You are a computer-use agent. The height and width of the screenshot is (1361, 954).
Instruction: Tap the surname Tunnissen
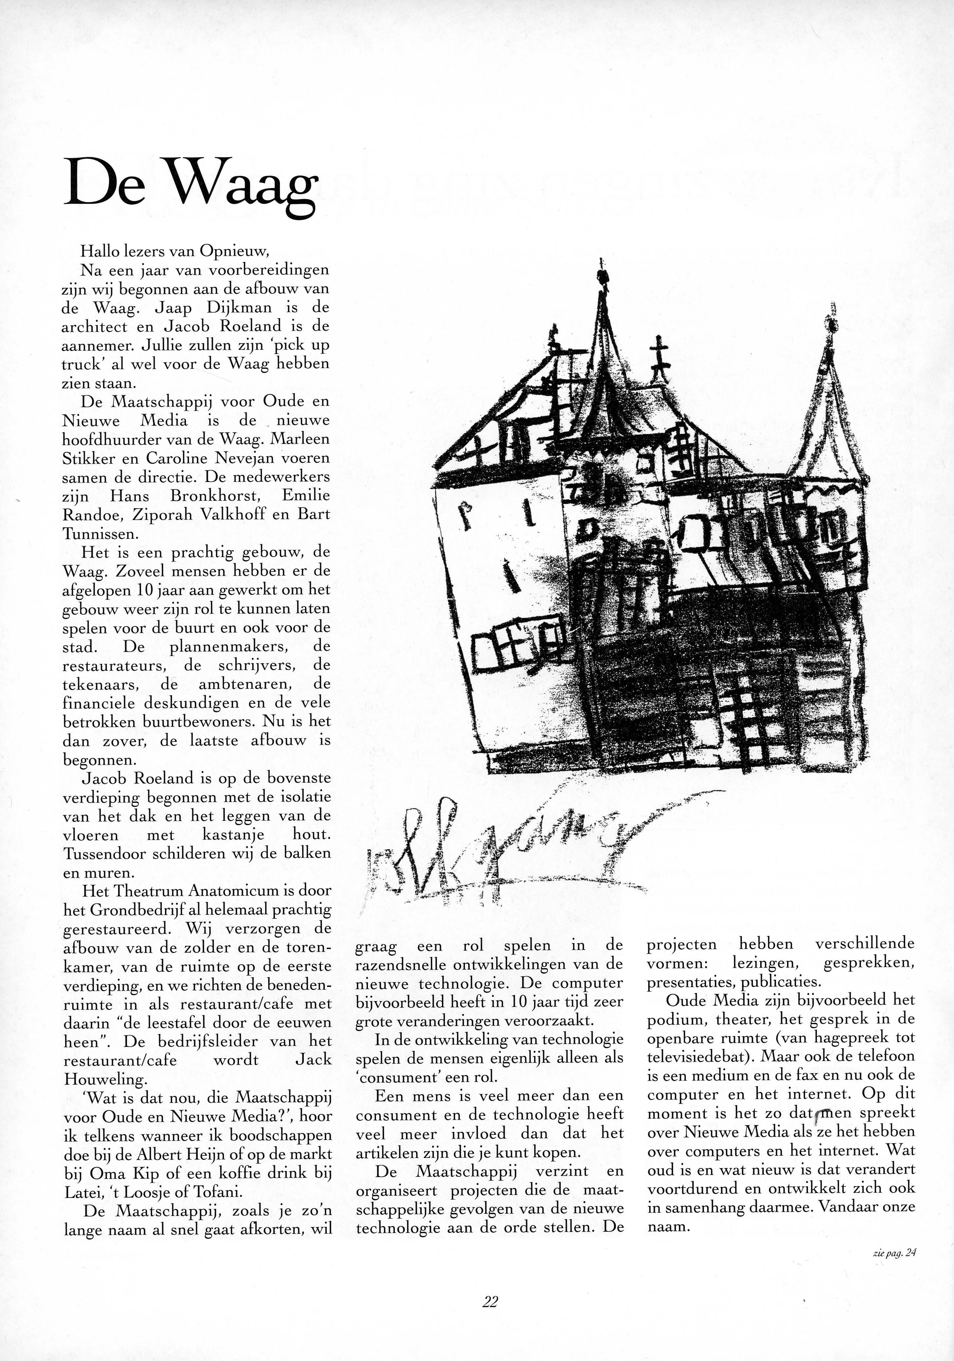(100, 533)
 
